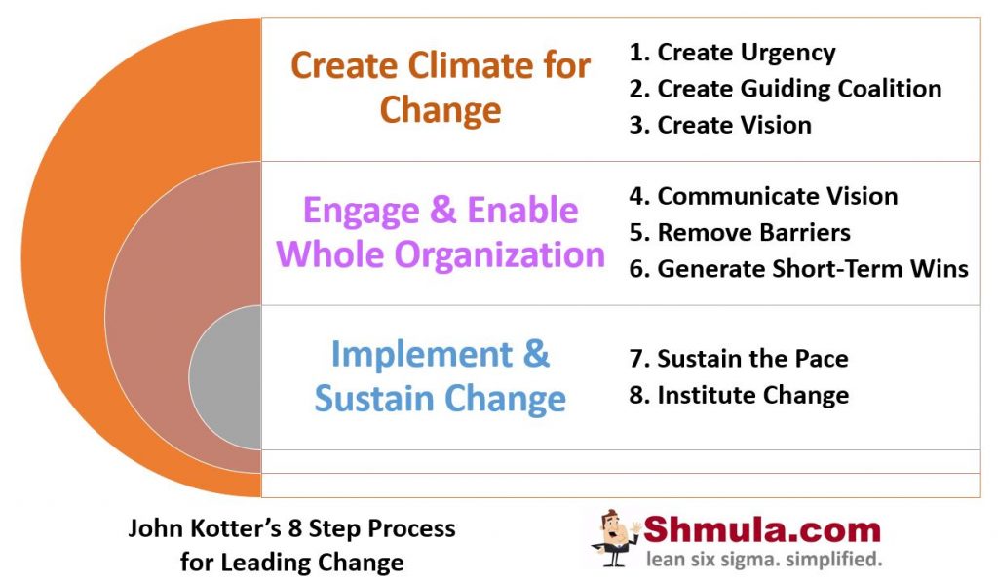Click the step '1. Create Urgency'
(x=732, y=53)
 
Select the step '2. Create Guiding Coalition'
(x=785, y=89)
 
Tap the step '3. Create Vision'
(x=720, y=125)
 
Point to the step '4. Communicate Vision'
(x=763, y=196)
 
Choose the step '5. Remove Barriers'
(x=740, y=233)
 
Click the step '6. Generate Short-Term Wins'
(x=798, y=269)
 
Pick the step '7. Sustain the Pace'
(x=739, y=359)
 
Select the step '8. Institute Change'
(x=739, y=395)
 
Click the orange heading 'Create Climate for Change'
(x=441, y=87)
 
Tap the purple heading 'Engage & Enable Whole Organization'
(x=441, y=232)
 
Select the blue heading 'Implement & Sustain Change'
(x=441, y=376)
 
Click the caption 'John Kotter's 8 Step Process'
(x=291, y=528)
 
